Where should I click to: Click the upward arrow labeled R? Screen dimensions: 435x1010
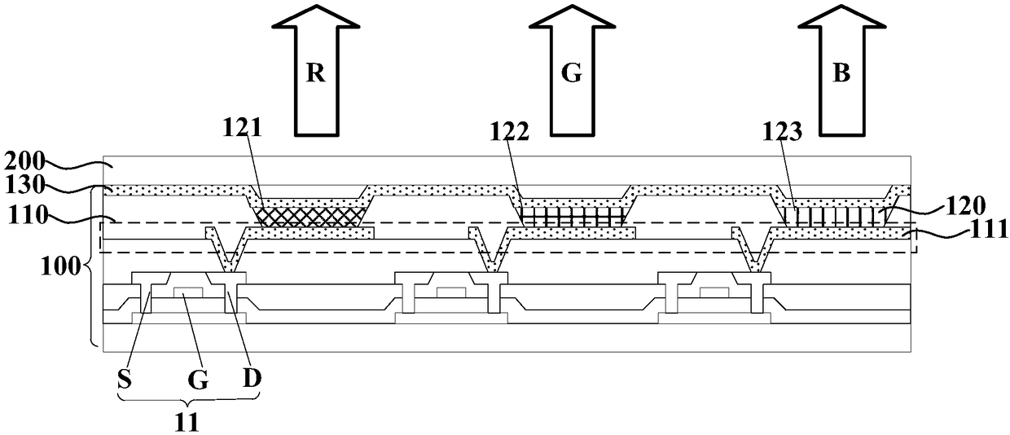pos(316,73)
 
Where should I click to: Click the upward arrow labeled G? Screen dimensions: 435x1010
pos(573,73)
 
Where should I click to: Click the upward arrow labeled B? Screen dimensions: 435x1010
pos(841,73)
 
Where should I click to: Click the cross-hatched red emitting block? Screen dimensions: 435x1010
pos(309,215)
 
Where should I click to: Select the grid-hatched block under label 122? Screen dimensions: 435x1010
pos(573,216)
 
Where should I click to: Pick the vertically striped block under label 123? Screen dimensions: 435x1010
pos(839,215)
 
